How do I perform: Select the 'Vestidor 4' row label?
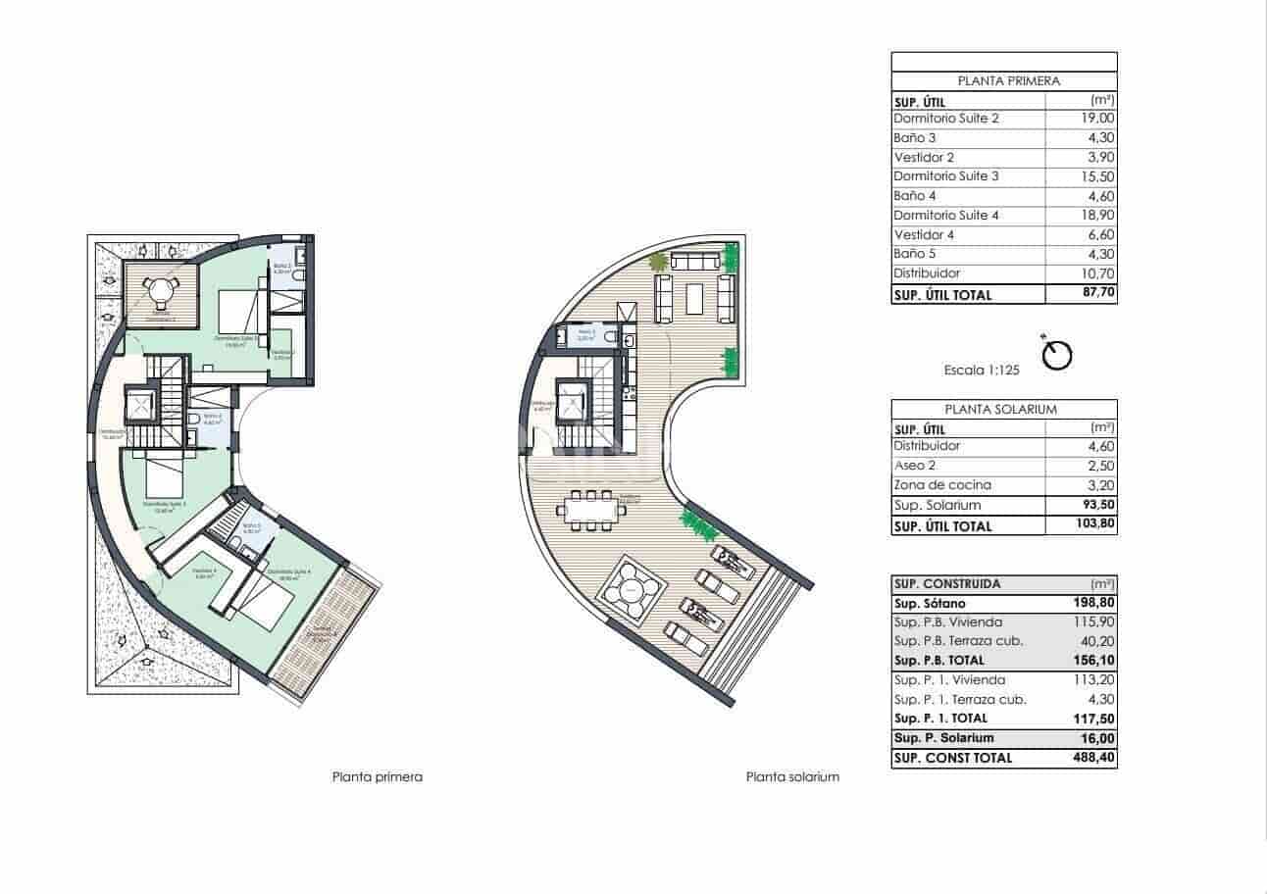point(924,235)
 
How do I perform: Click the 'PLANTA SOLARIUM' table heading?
point(1003,410)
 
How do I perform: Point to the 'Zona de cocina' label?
point(942,485)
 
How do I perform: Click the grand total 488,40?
point(1094,758)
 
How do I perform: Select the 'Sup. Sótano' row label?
point(927,603)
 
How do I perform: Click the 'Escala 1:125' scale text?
point(982,371)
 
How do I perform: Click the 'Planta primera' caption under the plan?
point(378,777)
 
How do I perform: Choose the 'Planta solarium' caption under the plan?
point(792,777)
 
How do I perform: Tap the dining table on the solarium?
point(591,509)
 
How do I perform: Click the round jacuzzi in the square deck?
point(629,590)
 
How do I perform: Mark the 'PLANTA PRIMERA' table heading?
point(1003,81)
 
